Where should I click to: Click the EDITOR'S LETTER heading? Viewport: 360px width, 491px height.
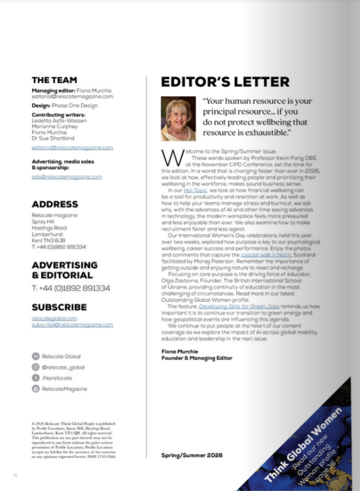pyautogui.click(x=225, y=82)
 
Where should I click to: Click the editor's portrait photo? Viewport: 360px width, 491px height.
pyautogui.click(x=178, y=118)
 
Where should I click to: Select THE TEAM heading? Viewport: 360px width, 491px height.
pyautogui.click(x=54, y=80)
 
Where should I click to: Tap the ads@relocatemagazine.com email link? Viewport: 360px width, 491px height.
pyautogui.click(x=67, y=177)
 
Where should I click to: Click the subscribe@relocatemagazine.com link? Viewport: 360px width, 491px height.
pyautogui.click(x=72, y=325)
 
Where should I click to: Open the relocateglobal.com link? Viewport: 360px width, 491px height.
pyautogui.click(x=54, y=318)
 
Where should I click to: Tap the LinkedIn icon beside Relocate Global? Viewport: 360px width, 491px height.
pyautogui.click(x=35, y=356)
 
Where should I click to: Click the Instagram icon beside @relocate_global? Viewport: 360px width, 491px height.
pyautogui.click(x=35, y=367)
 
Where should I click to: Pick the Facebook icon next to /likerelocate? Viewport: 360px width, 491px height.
pyautogui.click(x=35, y=378)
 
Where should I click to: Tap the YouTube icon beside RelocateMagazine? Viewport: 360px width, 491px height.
pyautogui.click(x=35, y=388)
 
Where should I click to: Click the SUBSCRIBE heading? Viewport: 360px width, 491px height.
pyautogui.click(x=59, y=307)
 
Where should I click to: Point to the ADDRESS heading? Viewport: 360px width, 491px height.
pyautogui.click(x=55, y=204)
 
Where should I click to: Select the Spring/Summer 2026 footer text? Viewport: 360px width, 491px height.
pyautogui.click(x=192, y=455)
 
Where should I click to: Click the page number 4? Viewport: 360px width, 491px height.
pyautogui.click(x=15, y=475)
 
